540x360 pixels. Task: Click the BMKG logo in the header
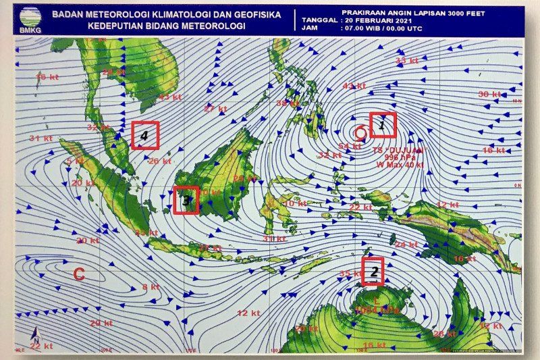point(28,19)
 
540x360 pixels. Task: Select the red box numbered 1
point(382,124)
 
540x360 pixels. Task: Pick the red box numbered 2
point(373,272)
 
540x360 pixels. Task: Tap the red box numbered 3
point(186,200)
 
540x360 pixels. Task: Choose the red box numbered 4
point(144,135)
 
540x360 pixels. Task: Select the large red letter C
point(79,274)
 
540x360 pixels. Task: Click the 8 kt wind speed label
point(151,286)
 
